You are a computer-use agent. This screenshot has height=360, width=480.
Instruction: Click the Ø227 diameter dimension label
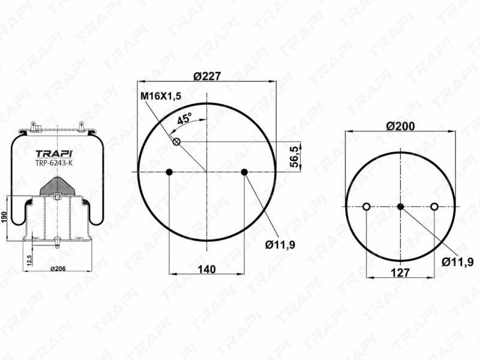coord(207,76)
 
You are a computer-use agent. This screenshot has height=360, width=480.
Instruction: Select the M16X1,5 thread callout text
coord(161,96)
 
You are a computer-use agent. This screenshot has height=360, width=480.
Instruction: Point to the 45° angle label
coord(185,118)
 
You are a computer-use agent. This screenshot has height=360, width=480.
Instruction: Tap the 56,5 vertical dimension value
coord(294,157)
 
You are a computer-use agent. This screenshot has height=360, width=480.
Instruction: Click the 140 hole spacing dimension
coord(206,269)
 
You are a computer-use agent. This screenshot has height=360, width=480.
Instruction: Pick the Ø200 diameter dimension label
coord(400,126)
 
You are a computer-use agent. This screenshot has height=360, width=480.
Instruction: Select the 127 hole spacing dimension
coord(400,272)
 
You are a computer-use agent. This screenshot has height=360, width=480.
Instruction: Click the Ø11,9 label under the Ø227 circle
coord(280,245)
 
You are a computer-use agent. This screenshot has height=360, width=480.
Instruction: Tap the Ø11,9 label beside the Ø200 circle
coord(458,262)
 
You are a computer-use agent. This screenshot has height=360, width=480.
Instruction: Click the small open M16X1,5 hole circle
coord(176,142)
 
